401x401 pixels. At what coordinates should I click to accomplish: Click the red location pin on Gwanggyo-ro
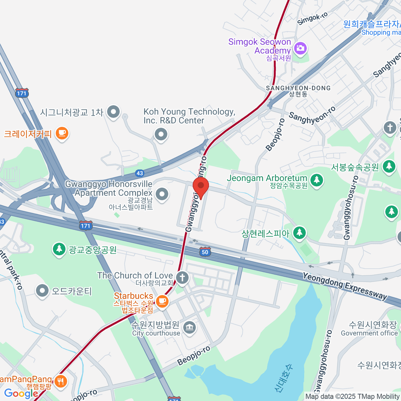pos(201,186)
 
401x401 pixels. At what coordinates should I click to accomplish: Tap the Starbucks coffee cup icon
pos(162,301)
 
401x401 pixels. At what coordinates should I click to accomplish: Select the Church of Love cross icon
pos(182,277)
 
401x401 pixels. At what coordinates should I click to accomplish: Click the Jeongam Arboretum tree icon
pos(316,180)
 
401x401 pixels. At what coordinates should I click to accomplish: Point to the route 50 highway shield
pos(205,252)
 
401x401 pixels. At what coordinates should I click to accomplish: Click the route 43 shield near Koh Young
pos(140,173)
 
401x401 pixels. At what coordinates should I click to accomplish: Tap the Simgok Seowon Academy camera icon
pos(300,48)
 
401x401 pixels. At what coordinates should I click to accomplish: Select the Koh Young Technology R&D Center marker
pos(161,135)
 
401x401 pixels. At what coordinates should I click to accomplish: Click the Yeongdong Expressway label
pos(345,286)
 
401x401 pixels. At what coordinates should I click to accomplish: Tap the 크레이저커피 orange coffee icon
pos(62,133)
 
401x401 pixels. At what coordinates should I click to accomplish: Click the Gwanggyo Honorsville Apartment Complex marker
pos(162,194)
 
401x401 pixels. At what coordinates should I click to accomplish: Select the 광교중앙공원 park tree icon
pos(59,249)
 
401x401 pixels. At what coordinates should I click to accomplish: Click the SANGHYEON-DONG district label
pos(298,88)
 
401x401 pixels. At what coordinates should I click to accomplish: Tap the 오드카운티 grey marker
pos(42,290)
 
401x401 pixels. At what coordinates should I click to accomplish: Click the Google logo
pos(21,393)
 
